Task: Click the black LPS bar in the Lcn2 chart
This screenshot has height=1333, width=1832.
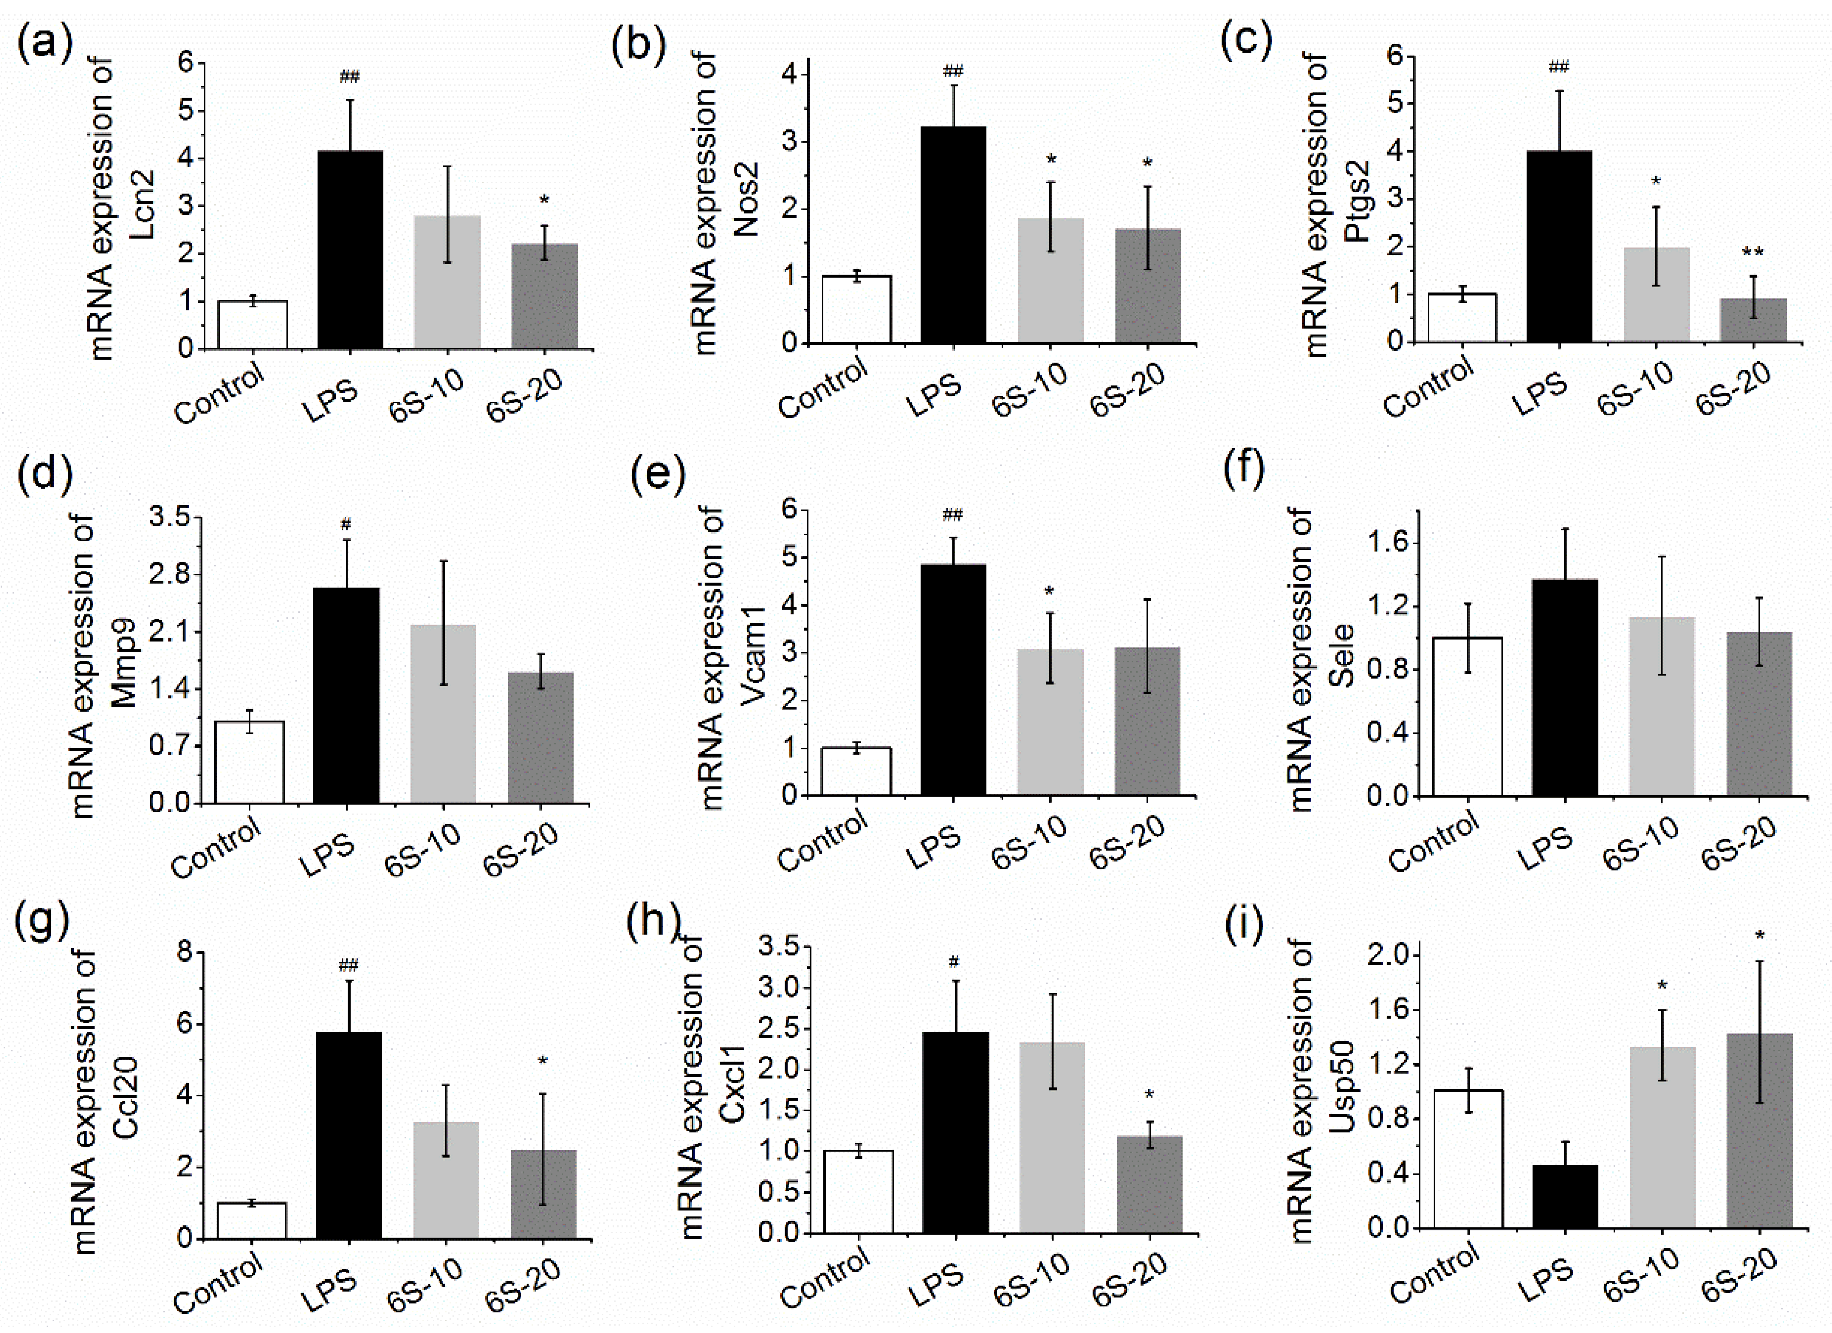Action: tap(350, 250)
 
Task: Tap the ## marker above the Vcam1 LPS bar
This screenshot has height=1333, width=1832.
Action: tap(953, 515)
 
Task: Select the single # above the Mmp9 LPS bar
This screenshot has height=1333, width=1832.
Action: tap(346, 525)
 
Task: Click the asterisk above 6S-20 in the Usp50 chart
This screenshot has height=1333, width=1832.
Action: tap(1760, 936)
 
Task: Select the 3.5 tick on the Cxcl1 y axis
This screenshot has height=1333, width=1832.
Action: tap(780, 946)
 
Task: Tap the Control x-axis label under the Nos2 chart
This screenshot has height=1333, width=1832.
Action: tap(823, 389)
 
